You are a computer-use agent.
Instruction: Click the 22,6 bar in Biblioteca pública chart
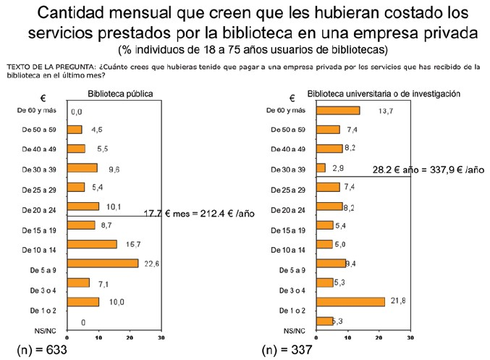(x=102, y=263)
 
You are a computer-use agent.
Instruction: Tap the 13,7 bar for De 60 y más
(x=338, y=110)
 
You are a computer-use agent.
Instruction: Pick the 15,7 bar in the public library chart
(x=91, y=244)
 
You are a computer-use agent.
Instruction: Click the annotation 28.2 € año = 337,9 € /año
(x=428, y=169)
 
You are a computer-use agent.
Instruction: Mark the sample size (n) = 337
(x=287, y=348)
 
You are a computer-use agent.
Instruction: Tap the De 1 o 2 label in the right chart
(x=289, y=310)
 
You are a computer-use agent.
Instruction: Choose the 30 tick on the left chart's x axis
(x=161, y=338)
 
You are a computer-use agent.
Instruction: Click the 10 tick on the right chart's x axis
(x=347, y=338)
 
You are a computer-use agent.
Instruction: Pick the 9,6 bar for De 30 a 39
(x=82, y=168)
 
